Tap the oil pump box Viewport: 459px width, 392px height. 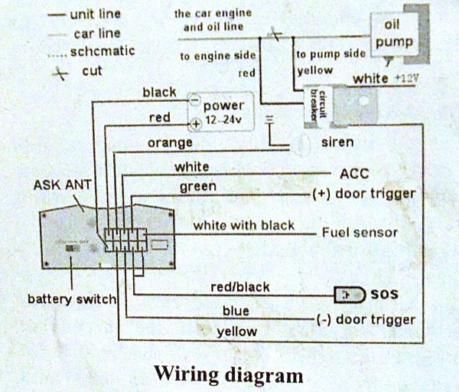(x=396, y=34)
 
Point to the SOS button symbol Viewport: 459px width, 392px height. (x=350, y=294)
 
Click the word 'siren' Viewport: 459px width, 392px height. (x=337, y=142)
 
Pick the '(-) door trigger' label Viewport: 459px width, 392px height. (x=365, y=319)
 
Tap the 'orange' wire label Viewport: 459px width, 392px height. (x=171, y=142)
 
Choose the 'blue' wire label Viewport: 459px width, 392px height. (x=236, y=311)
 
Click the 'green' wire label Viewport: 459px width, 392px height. (x=197, y=186)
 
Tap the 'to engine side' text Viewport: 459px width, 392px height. (x=217, y=56)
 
